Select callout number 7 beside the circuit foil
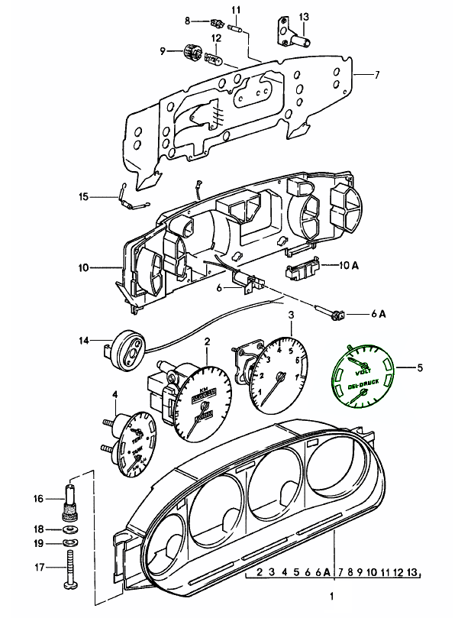click(376, 74)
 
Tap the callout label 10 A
click(344, 265)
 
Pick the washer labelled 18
click(70, 529)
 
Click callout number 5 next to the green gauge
click(419, 367)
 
